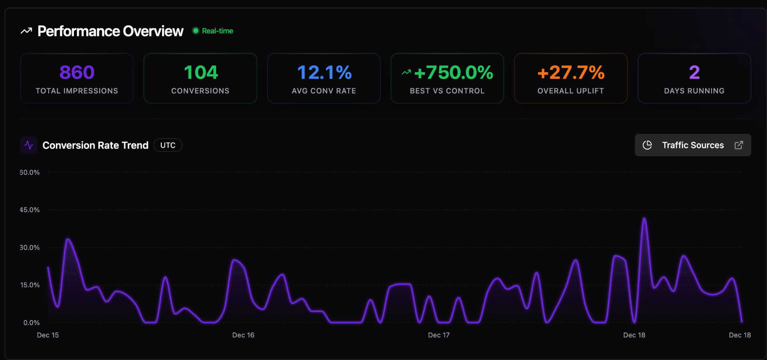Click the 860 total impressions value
[x=77, y=73]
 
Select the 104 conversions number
[x=201, y=73]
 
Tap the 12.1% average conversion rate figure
[x=324, y=73]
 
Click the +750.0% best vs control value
[x=453, y=73]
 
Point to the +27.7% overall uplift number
[x=570, y=73]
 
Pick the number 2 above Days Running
[x=694, y=73]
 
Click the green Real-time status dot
[x=196, y=31]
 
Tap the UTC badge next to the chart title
[x=168, y=145]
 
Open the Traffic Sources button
[x=693, y=145]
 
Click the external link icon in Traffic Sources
[x=739, y=145]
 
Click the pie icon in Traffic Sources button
[x=647, y=145]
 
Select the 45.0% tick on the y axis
[x=30, y=210]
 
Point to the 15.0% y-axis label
[x=30, y=285]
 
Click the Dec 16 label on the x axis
[x=243, y=335]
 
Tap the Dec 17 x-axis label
[x=439, y=335]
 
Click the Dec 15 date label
[x=48, y=335]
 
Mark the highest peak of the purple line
[x=644, y=219]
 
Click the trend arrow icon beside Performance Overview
[x=26, y=31]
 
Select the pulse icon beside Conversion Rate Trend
[x=29, y=145]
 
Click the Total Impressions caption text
[x=77, y=91]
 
